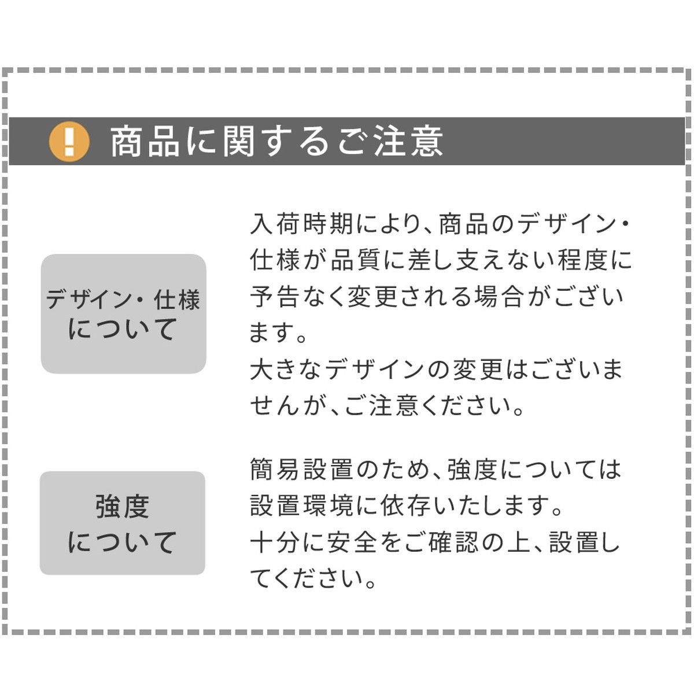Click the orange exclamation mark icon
[x=69, y=141]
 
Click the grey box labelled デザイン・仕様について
[x=123, y=313]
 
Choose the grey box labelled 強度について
[x=123, y=523]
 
